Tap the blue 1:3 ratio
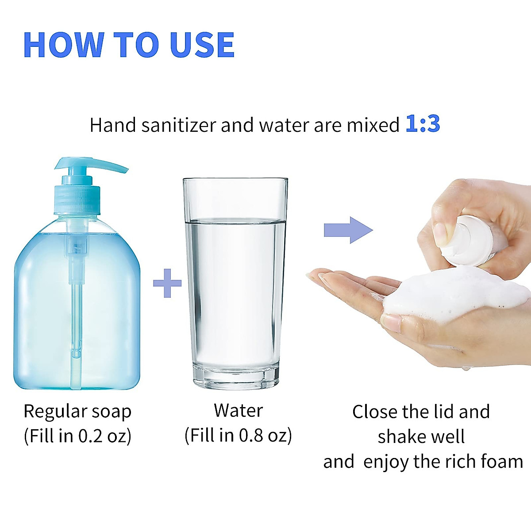423,124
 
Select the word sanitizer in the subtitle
179,125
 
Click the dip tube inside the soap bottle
76,319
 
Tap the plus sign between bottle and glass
167,283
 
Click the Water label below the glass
238,411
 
